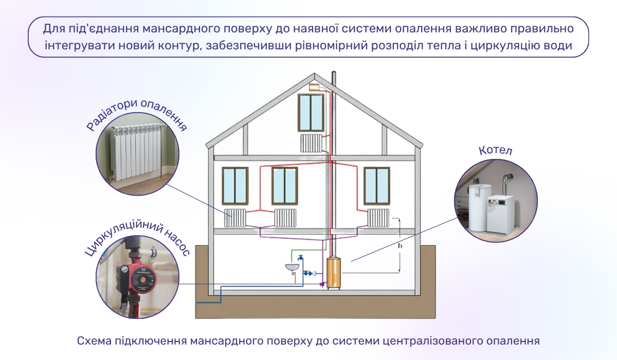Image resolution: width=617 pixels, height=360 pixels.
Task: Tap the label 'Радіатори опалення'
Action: click(136, 114)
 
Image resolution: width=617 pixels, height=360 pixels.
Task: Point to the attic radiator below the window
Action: click(311, 142)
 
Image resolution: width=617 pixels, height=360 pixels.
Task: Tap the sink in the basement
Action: click(292, 267)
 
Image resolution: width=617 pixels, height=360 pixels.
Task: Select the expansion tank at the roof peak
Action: click(315, 86)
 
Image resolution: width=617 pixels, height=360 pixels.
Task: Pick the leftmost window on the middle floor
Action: click(235, 185)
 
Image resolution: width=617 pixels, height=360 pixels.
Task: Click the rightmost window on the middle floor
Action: click(377, 185)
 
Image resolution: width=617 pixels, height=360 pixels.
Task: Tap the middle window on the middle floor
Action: click(285, 185)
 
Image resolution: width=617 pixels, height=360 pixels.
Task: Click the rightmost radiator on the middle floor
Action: click(378, 218)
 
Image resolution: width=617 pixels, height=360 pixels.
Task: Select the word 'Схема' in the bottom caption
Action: click(92, 341)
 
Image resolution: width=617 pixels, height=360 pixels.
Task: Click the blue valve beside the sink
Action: click(310, 274)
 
